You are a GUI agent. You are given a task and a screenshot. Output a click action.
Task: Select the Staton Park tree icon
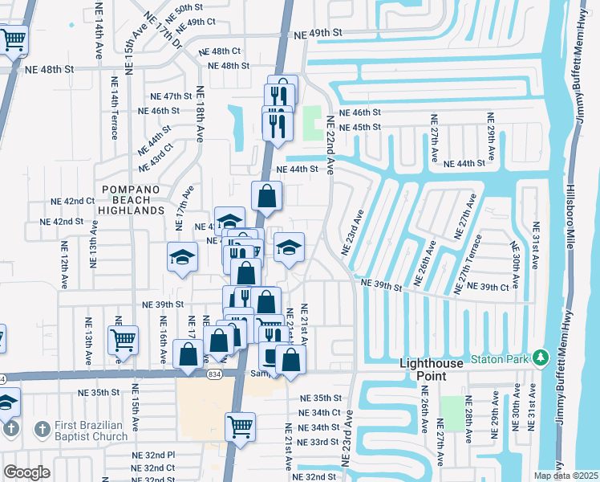(x=541, y=357)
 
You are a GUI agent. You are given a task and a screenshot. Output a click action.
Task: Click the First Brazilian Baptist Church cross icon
(x=43, y=430)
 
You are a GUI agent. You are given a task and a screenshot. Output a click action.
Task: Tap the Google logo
(x=26, y=472)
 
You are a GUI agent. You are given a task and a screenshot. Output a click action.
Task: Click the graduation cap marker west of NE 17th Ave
(x=182, y=257)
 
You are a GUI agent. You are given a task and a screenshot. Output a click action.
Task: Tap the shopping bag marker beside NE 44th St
(x=266, y=194)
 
